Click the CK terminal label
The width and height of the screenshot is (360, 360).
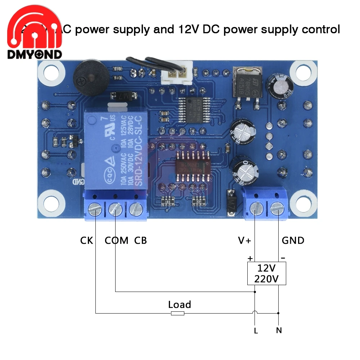(86, 240)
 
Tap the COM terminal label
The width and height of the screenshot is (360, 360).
(116, 240)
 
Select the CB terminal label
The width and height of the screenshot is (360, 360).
(140, 240)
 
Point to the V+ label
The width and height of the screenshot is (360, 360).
(244, 240)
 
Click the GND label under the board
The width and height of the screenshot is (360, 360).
(293, 240)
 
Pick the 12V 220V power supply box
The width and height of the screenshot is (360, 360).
(266, 274)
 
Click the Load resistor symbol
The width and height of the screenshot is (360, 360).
(177, 314)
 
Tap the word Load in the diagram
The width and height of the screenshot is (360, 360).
(179, 305)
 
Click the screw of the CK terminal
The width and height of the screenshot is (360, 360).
(94, 209)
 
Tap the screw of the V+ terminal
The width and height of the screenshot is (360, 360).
(255, 208)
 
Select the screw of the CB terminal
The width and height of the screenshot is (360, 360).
(136, 209)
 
